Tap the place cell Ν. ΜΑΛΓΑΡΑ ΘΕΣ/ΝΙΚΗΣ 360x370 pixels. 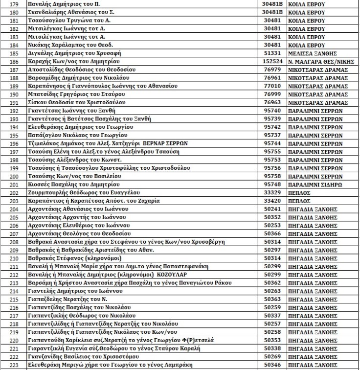click(x=317, y=62)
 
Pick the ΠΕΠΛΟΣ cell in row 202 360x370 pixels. click(x=299, y=193)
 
